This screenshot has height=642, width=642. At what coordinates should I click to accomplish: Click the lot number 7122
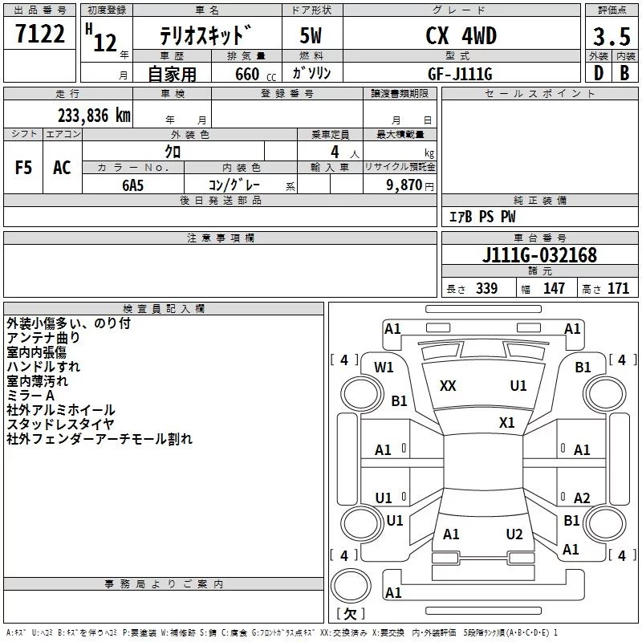click(x=40, y=35)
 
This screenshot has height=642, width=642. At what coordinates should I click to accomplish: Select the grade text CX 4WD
click(x=461, y=35)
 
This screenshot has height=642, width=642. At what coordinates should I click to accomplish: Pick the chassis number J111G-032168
click(x=539, y=255)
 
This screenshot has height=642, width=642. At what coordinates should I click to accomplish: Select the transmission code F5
click(x=24, y=167)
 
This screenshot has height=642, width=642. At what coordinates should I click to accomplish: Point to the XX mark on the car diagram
click(x=448, y=386)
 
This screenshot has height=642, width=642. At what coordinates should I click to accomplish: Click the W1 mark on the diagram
click(x=384, y=368)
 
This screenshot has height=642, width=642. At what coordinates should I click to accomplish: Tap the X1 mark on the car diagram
click(x=506, y=422)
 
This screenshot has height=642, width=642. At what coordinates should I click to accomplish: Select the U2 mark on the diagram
click(x=514, y=534)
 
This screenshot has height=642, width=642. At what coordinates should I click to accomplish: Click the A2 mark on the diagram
click(x=582, y=498)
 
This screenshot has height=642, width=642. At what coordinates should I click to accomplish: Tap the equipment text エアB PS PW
click(x=481, y=217)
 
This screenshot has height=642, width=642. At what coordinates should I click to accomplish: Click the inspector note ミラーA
click(x=30, y=396)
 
